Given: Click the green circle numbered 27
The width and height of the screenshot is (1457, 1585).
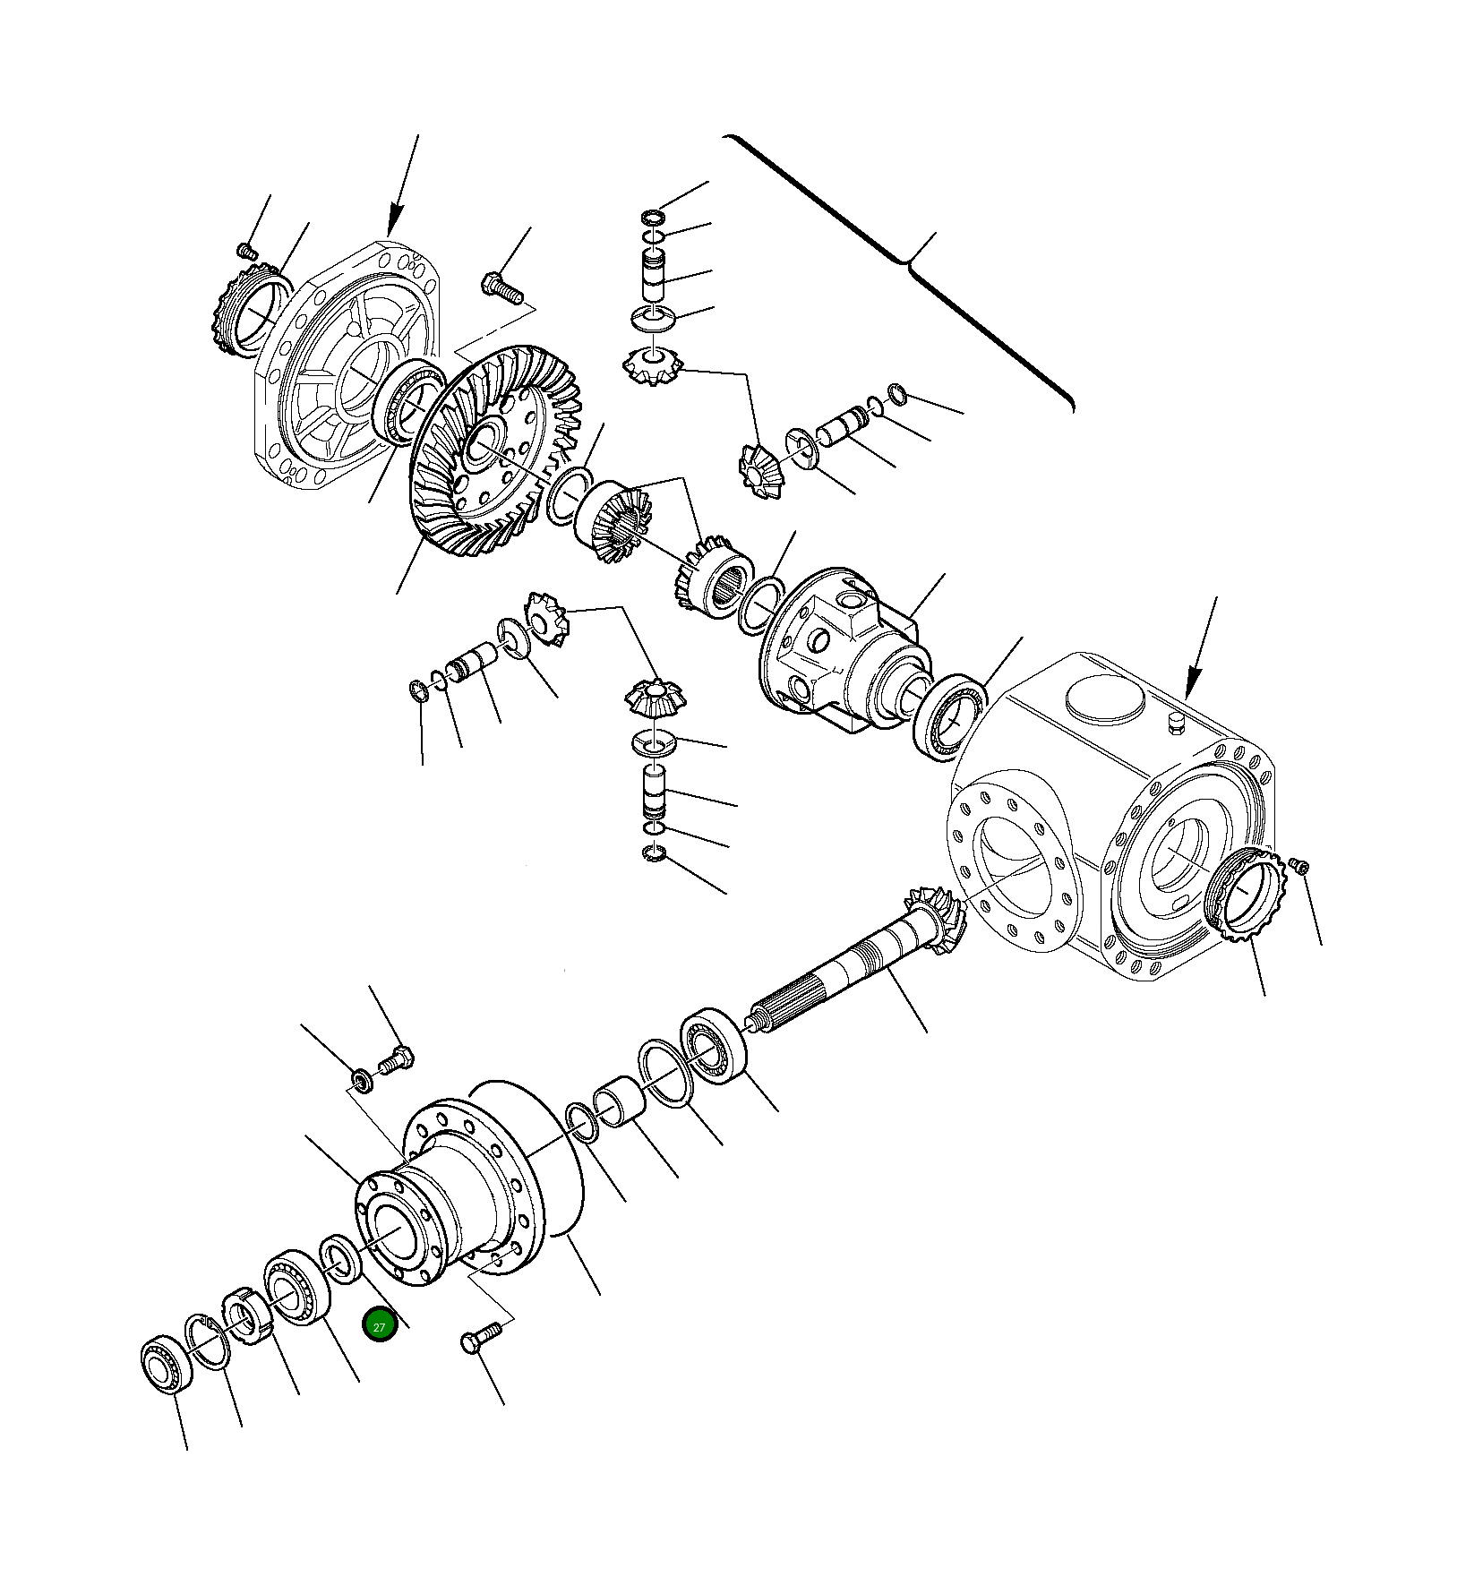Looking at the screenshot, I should (x=379, y=1326).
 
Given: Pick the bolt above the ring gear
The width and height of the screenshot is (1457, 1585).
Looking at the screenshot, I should (x=499, y=287).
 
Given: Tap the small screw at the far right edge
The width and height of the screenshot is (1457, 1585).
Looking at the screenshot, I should (x=1303, y=866).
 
